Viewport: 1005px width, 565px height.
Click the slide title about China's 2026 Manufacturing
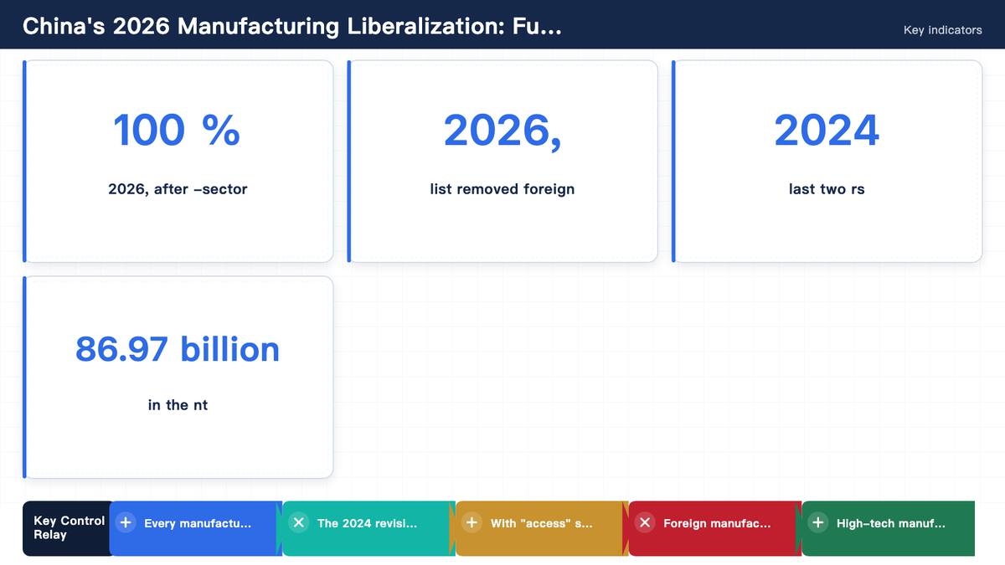(292, 26)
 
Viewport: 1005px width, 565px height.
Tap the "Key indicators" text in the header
(943, 30)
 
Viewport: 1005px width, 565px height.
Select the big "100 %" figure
(177, 130)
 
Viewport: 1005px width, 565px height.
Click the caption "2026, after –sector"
(178, 189)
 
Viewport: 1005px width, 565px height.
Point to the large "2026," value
(502, 131)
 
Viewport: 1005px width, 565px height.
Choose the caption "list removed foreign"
(502, 189)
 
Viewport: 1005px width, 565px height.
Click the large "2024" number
(827, 130)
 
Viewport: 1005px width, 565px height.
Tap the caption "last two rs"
(827, 189)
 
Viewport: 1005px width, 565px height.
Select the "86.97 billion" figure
(178, 349)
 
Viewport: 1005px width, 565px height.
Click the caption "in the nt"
(178, 405)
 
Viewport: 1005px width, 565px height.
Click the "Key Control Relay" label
(69, 528)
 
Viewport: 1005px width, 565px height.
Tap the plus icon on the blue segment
(126, 522)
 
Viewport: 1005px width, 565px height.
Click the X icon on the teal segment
(299, 522)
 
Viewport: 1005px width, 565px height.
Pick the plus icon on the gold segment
(472, 522)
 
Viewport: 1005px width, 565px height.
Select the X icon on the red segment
(645, 522)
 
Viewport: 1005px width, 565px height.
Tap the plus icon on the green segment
(818, 522)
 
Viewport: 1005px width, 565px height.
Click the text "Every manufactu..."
(198, 523)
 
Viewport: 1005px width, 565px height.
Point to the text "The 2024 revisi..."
(367, 523)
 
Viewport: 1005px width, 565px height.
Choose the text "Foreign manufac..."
(717, 523)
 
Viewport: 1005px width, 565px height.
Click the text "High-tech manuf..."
(890, 523)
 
